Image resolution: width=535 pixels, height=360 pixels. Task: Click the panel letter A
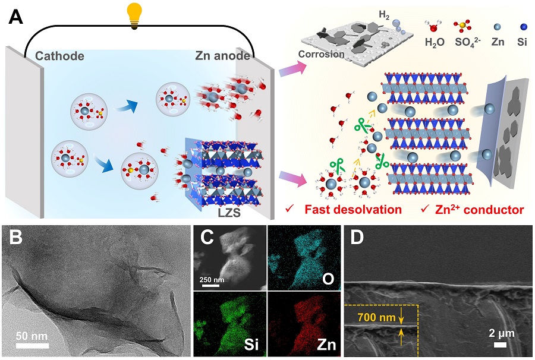[x=17, y=17]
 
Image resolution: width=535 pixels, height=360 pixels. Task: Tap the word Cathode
[x=59, y=56]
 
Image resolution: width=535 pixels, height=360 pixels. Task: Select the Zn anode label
[x=221, y=56]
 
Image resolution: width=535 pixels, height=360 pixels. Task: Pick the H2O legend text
[x=435, y=42]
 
